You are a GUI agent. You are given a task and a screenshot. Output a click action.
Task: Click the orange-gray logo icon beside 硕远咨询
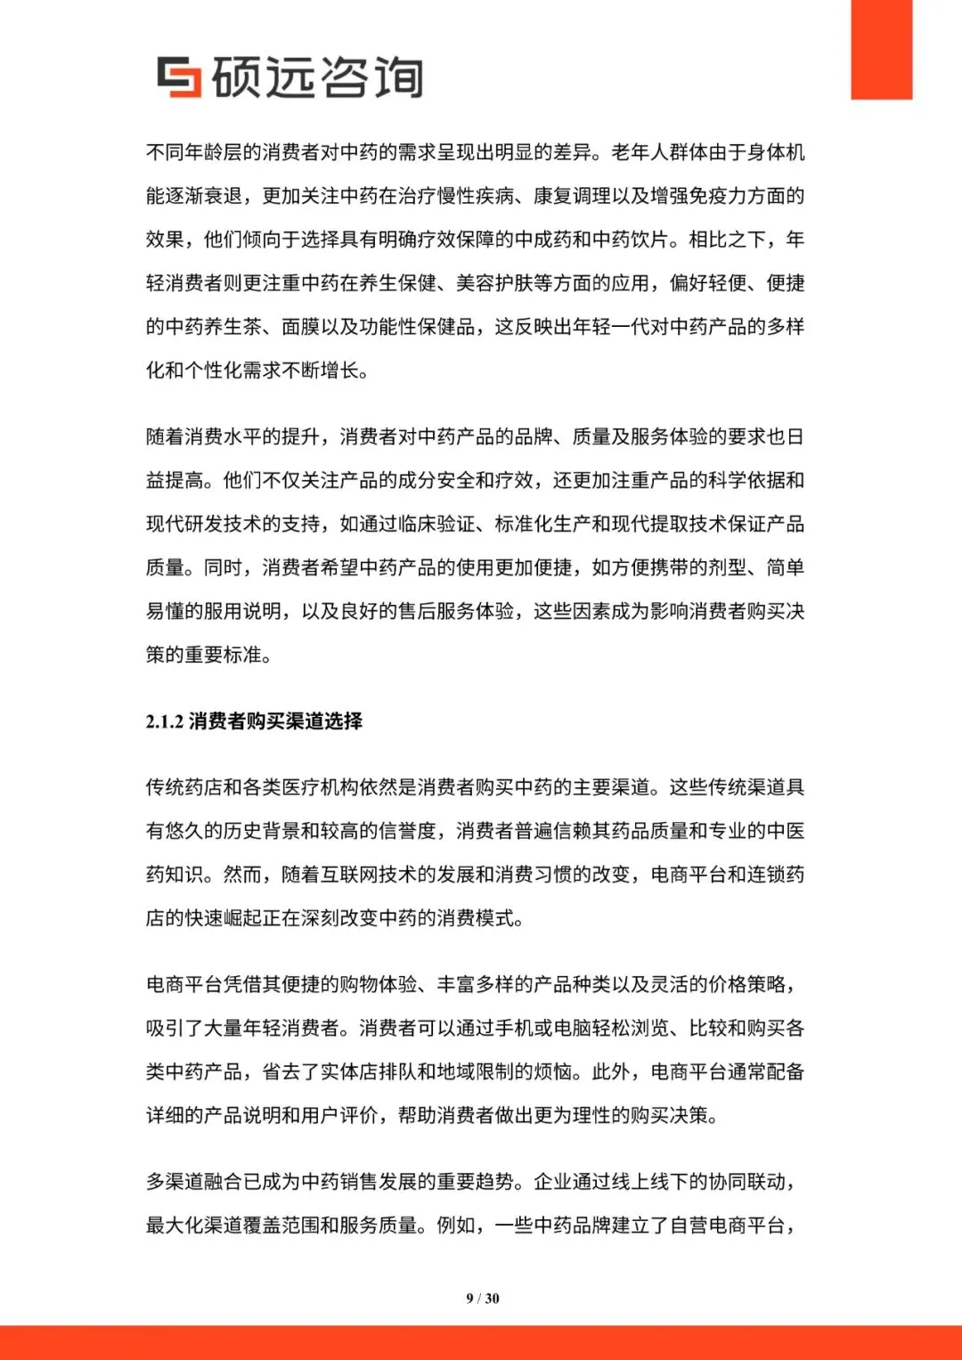click(x=179, y=77)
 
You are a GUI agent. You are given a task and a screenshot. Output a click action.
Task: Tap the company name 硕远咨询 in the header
click(x=317, y=77)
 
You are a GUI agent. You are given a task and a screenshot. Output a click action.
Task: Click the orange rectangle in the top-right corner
click(x=881, y=49)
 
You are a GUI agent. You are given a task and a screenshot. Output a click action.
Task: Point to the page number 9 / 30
click(x=483, y=1299)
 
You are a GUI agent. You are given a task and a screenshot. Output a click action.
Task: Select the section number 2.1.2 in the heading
click(x=165, y=721)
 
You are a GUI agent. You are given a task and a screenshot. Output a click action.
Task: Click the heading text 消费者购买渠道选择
click(x=276, y=721)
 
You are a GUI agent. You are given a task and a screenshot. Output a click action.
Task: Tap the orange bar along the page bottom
click(x=481, y=1342)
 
